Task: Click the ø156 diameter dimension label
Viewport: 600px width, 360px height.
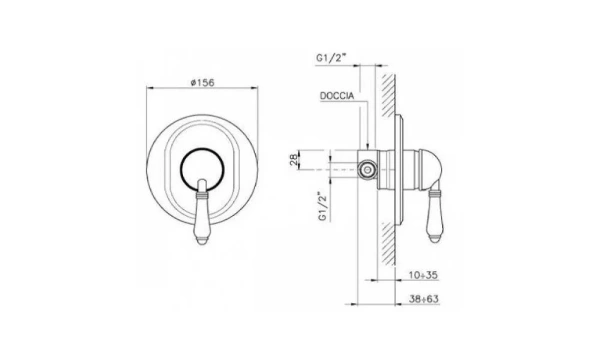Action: [202, 82]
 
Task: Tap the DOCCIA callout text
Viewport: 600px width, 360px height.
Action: [337, 96]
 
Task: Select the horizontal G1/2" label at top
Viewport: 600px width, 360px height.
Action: [331, 58]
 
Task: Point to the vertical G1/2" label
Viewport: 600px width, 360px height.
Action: [323, 206]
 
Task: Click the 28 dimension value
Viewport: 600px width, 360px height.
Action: [293, 159]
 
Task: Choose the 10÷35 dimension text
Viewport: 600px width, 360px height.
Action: [423, 275]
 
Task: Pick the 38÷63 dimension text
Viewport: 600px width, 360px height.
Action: [423, 299]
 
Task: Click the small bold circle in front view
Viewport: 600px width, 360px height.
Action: [202, 168]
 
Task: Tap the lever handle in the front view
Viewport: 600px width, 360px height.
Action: [202, 212]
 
